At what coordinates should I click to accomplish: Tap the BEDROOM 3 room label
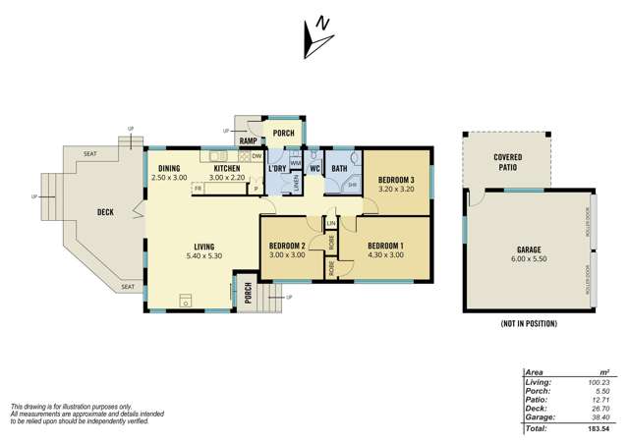click(396, 179)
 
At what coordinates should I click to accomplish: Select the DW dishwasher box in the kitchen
click(256, 156)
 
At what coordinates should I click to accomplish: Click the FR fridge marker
click(198, 188)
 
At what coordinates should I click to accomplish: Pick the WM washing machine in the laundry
click(295, 164)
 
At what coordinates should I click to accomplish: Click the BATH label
click(339, 169)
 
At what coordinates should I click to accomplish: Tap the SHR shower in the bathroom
click(351, 185)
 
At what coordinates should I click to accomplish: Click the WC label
click(314, 169)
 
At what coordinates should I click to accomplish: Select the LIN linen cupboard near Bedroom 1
click(331, 225)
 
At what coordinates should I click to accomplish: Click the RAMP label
click(249, 140)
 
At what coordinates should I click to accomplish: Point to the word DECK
click(106, 211)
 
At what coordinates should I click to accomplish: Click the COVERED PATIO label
click(508, 163)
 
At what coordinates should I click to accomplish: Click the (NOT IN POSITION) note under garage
click(529, 323)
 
